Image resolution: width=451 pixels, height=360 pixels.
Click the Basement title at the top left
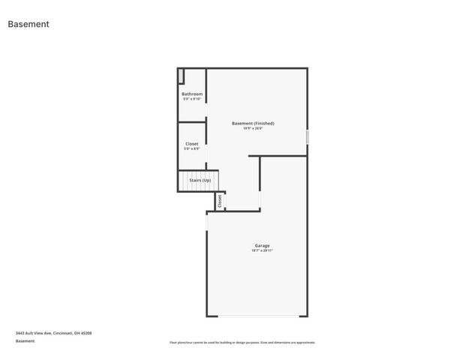coord(29,24)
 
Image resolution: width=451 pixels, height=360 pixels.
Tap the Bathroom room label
coord(192,94)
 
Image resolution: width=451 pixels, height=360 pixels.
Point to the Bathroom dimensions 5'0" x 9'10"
coord(192,99)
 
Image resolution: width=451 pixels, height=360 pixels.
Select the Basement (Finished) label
coord(253,123)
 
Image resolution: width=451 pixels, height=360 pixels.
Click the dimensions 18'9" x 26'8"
coord(253,128)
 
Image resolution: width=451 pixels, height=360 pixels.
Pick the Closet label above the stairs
coord(192,143)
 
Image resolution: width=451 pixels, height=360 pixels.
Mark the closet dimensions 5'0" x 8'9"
coord(192,148)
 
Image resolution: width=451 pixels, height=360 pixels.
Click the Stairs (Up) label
coord(200,180)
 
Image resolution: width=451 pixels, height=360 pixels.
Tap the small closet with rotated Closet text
coord(220,201)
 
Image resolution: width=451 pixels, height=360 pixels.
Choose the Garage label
coord(262,245)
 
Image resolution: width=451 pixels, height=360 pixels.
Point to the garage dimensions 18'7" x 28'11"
coord(262,250)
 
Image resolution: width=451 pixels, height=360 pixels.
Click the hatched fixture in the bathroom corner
coord(181,75)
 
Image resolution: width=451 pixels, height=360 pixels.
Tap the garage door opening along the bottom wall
coord(257,316)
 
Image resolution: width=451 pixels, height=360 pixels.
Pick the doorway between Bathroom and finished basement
coord(206,94)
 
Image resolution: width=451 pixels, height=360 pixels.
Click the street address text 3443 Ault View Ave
coord(53,333)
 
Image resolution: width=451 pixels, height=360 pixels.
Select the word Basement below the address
coord(25,341)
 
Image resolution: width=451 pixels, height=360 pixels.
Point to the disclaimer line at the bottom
coord(242,343)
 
